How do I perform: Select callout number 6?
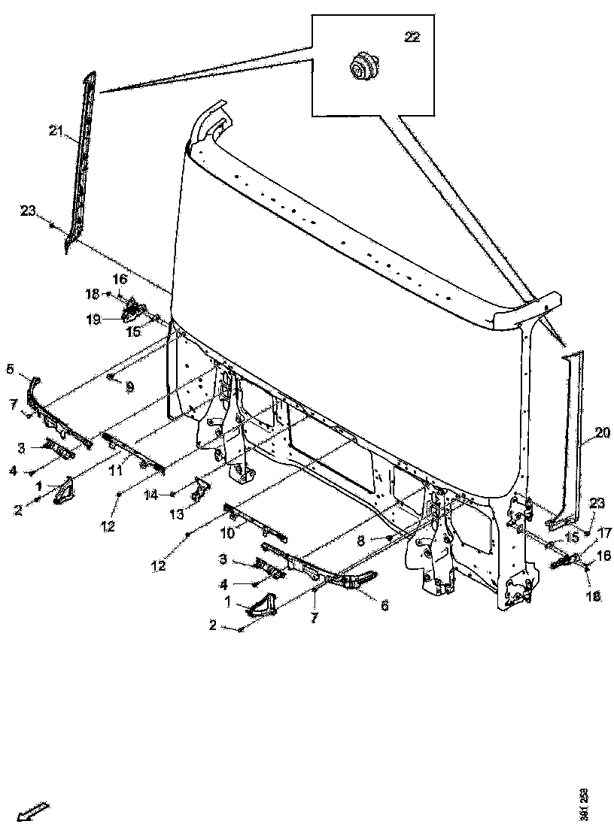click(x=384, y=606)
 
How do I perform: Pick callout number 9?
click(x=129, y=387)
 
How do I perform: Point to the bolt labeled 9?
click(x=111, y=376)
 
